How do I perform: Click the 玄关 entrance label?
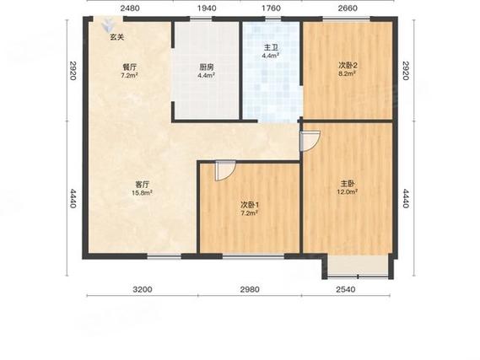(117, 37)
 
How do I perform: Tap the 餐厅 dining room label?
(129, 67)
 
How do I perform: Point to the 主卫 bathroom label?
(271, 48)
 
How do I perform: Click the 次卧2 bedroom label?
(348, 66)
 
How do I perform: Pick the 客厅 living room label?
(143, 185)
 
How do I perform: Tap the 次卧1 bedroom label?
(250, 205)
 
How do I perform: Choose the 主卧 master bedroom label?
(348, 184)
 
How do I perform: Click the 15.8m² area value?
(143, 193)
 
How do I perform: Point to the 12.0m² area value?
(348, 191)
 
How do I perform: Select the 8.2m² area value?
(347, 73)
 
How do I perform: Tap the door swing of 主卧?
(310, 141)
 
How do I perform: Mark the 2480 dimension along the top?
(130, 8)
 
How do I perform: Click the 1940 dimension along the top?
(207, 8)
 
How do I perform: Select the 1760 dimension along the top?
(272, 8)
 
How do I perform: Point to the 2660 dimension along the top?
(348, 8)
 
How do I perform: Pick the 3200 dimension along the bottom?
(143, 289)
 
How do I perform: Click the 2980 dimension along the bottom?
(250, 289)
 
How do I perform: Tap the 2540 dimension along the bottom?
(346, 289)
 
